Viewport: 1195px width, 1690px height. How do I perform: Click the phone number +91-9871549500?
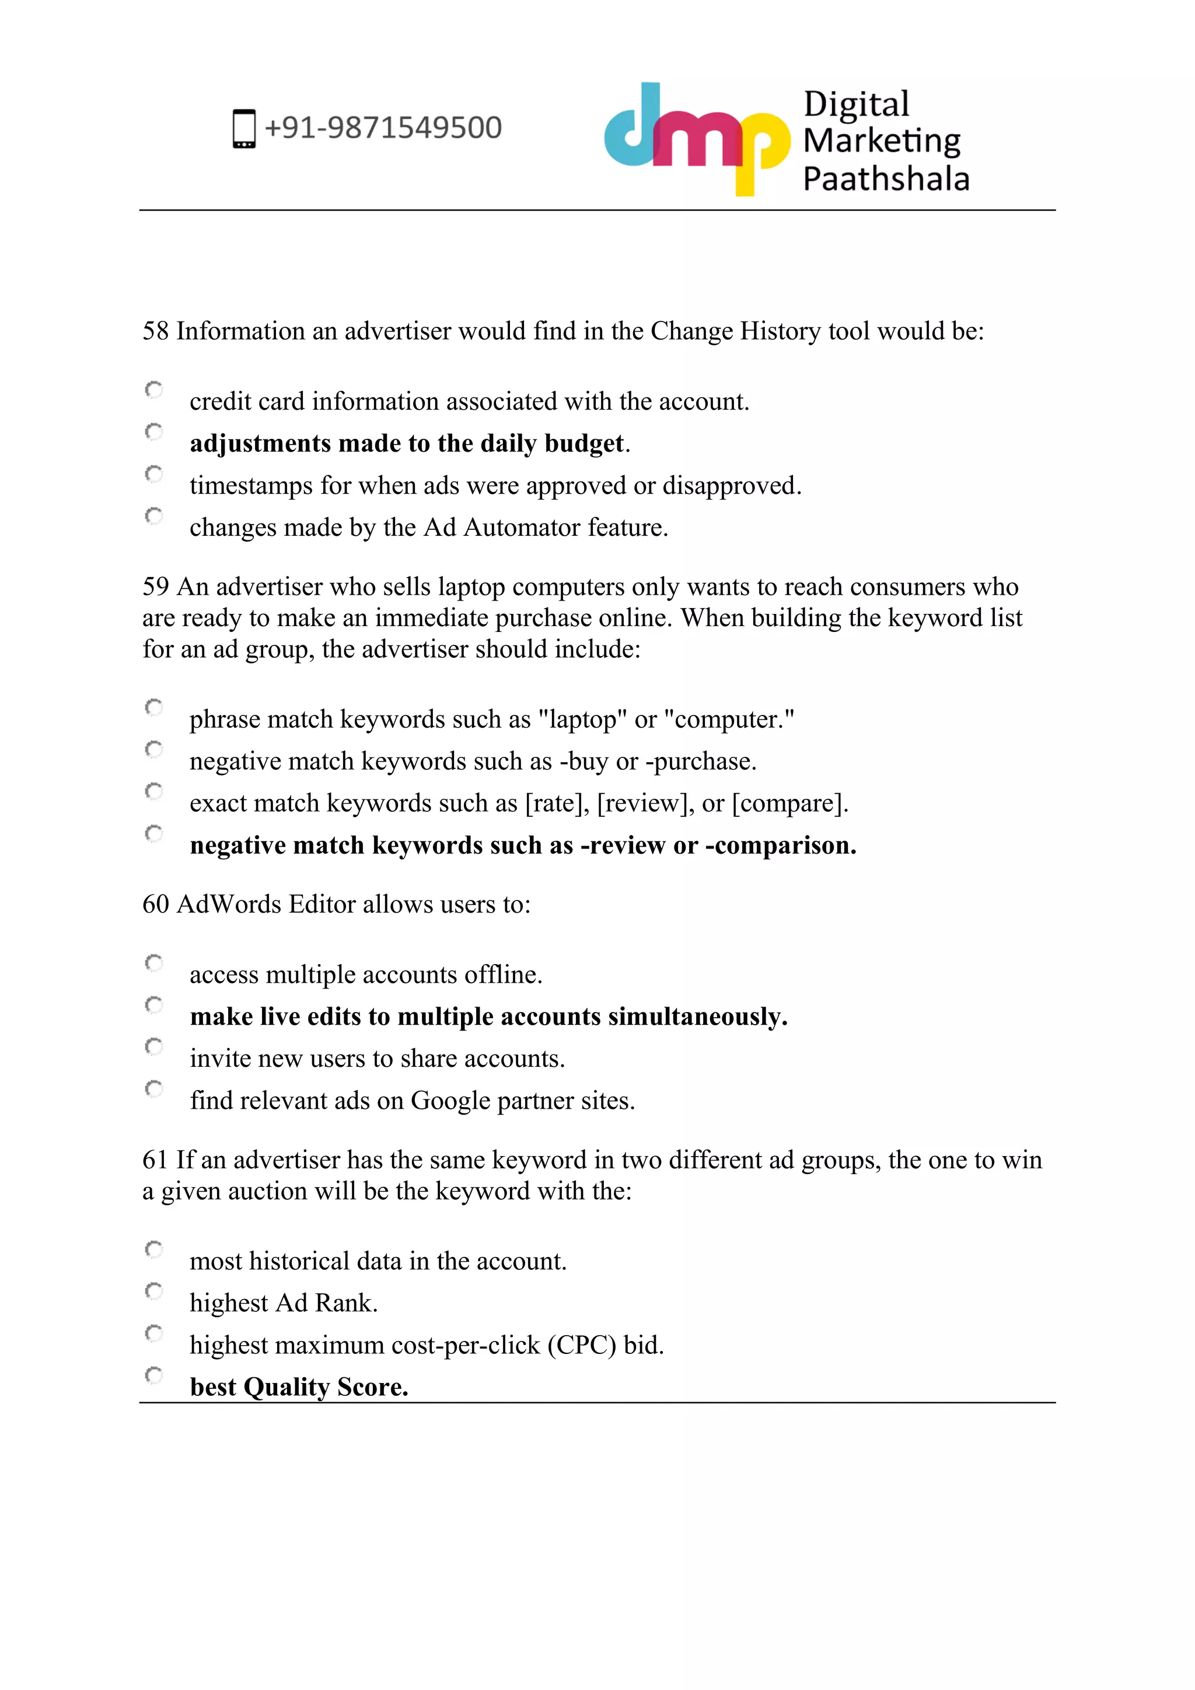(383, 128)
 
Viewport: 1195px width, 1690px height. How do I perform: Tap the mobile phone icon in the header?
(244, 129)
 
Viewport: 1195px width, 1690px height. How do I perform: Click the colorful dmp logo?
(696, 138)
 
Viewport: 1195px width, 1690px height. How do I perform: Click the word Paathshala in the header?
(886, 179)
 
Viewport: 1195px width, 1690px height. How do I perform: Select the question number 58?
(155, 331)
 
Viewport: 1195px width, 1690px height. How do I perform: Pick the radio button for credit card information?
(154, 389)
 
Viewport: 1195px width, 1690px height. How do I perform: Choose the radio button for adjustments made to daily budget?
(154, 431)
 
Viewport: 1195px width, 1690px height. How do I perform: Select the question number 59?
(155, 586)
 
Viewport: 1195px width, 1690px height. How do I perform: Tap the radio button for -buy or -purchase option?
(154, 749)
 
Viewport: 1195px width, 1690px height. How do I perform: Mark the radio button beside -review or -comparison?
(154, 833)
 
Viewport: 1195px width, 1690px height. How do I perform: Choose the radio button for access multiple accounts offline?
(154, 963)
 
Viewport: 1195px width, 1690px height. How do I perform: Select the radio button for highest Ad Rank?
(154, 1291)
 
